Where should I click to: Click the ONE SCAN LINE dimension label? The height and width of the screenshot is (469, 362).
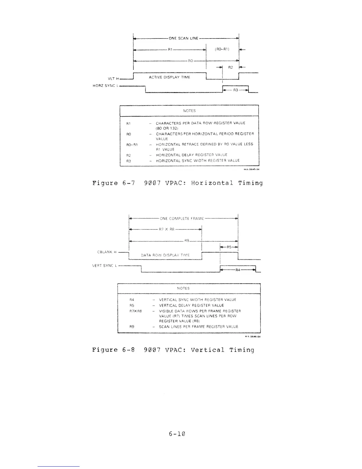coord(183,38)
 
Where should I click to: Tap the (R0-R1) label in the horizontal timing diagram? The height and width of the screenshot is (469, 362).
coord(222,49)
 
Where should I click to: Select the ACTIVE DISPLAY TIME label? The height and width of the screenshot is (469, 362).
coord(169,77)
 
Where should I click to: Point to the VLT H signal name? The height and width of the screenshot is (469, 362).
coord(113,79)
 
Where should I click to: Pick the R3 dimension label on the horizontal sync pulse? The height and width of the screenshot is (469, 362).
coord(235,90)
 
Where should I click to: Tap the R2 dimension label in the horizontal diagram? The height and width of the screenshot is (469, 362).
coord(231,68)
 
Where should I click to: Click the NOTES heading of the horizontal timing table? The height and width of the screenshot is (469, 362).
coord(189,111)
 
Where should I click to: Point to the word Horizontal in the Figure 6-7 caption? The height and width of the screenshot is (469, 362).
coord(212,183)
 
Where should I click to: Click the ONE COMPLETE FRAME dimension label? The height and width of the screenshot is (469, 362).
coord(182,219)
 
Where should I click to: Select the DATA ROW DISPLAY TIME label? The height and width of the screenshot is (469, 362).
coord(165,255)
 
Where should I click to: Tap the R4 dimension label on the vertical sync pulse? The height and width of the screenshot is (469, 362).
coord(237,270)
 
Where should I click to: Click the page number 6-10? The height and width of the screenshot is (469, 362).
coord(177,434)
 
